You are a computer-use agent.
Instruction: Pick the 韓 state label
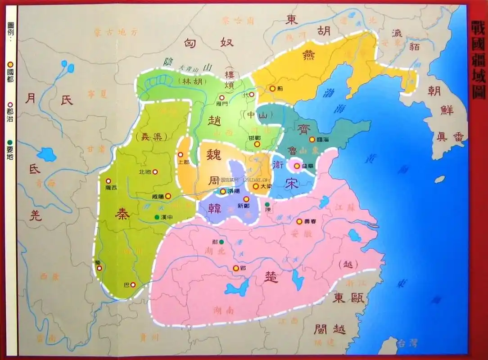215,208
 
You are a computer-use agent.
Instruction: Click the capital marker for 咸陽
168,196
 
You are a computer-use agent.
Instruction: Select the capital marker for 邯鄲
257,144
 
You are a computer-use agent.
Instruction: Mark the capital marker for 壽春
299,221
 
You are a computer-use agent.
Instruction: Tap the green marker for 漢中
156,217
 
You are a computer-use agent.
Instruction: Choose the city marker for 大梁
256,186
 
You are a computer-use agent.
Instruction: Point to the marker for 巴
133,284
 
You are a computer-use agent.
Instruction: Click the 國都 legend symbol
10,65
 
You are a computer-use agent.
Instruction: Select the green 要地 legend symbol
10,143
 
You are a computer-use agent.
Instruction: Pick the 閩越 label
330,329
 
